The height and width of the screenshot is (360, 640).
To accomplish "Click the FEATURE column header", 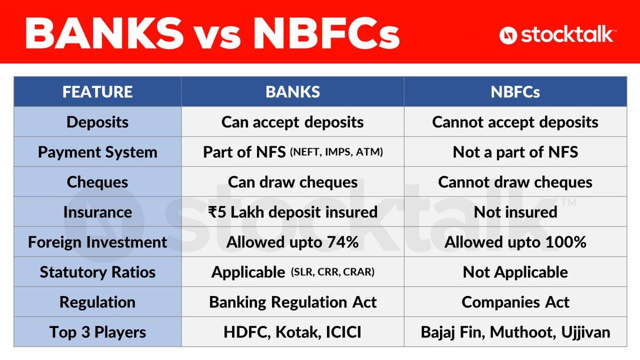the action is [98, 92].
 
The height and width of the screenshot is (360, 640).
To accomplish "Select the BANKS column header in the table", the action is [293, 92].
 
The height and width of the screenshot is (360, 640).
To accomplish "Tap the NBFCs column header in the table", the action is [515, 92].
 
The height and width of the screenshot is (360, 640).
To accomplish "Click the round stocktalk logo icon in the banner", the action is [508, 35].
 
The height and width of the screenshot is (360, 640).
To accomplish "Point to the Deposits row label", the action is [98, 122].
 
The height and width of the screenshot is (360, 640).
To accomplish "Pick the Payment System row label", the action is [98, 153].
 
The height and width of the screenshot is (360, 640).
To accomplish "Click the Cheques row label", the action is [98, 182].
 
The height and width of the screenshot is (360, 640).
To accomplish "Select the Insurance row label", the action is [98, 212].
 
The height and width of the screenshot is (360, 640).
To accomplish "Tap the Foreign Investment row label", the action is [98, 242].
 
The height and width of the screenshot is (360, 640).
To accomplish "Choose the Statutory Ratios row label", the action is [98, 273].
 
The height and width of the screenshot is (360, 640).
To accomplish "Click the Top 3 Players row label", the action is [98, 332].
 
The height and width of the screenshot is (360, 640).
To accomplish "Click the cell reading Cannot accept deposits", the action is [515, 122].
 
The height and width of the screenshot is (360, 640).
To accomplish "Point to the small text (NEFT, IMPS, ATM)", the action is [337, 152].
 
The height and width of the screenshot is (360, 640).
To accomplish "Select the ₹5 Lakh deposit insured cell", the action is [293, 212].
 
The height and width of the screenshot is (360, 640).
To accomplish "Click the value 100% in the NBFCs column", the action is [566, 242].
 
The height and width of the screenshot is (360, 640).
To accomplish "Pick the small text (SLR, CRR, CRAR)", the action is [333, 271].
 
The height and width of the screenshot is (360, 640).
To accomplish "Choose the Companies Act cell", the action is [515, 302].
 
